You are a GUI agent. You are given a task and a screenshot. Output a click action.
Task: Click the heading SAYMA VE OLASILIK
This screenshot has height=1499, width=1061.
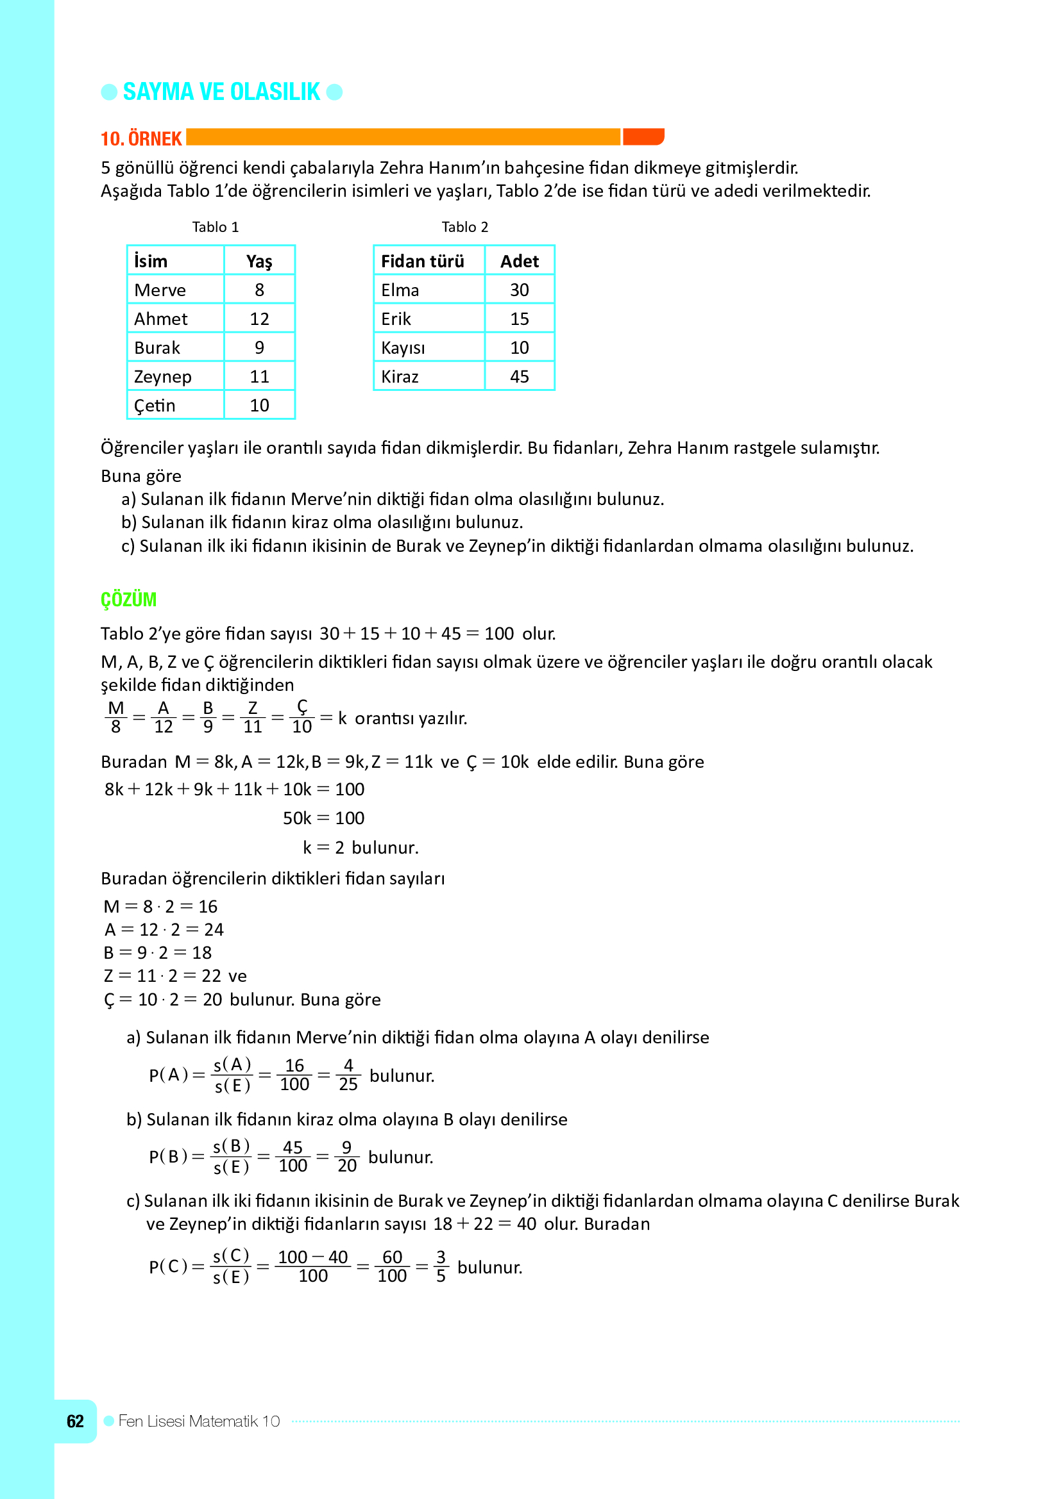[x=221, y=92]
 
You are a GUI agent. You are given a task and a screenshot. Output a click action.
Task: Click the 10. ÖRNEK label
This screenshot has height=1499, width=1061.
[x=141, y=138]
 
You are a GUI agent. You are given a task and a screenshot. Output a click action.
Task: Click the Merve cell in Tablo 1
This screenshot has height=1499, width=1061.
[x=160, y=290]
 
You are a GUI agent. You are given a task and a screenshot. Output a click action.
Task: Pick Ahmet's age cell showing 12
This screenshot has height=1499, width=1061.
[x=259, y=319]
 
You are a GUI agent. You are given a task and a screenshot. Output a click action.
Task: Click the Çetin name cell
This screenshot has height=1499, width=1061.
[x=155, y=406]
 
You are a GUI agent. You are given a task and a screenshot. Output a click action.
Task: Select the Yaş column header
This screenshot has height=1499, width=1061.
[x=259, y=261]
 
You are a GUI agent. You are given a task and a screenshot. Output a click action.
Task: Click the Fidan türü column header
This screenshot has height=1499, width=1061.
[x=423, y=261]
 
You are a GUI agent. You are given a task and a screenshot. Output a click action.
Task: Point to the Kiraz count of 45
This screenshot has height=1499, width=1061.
[x=520, y=377]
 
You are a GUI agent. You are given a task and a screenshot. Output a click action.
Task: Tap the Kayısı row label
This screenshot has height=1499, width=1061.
[x=403, y=348]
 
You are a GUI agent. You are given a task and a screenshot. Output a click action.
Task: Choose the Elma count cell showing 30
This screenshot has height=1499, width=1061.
[x=520, y=290]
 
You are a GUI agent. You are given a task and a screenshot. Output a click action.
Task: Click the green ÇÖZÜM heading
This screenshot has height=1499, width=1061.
[x=129, y=599]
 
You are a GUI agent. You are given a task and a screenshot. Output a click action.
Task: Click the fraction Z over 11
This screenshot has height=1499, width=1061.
[x=253, y=718]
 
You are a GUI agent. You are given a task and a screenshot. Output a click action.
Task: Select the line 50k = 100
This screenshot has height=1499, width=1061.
[x=323, y=818]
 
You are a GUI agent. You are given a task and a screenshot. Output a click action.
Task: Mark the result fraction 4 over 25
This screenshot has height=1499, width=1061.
[x=348, y=1075]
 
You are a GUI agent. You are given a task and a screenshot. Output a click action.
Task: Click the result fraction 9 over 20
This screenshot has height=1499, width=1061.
[x=347, y=1156]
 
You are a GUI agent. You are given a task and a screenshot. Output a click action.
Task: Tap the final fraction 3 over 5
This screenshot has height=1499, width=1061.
[x=441, y=1266]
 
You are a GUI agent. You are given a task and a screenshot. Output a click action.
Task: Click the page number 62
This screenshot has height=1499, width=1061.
[x=75, y=1421]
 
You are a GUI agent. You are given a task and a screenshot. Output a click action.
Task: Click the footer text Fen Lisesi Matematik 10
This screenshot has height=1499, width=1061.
[x=199, y=1421]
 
